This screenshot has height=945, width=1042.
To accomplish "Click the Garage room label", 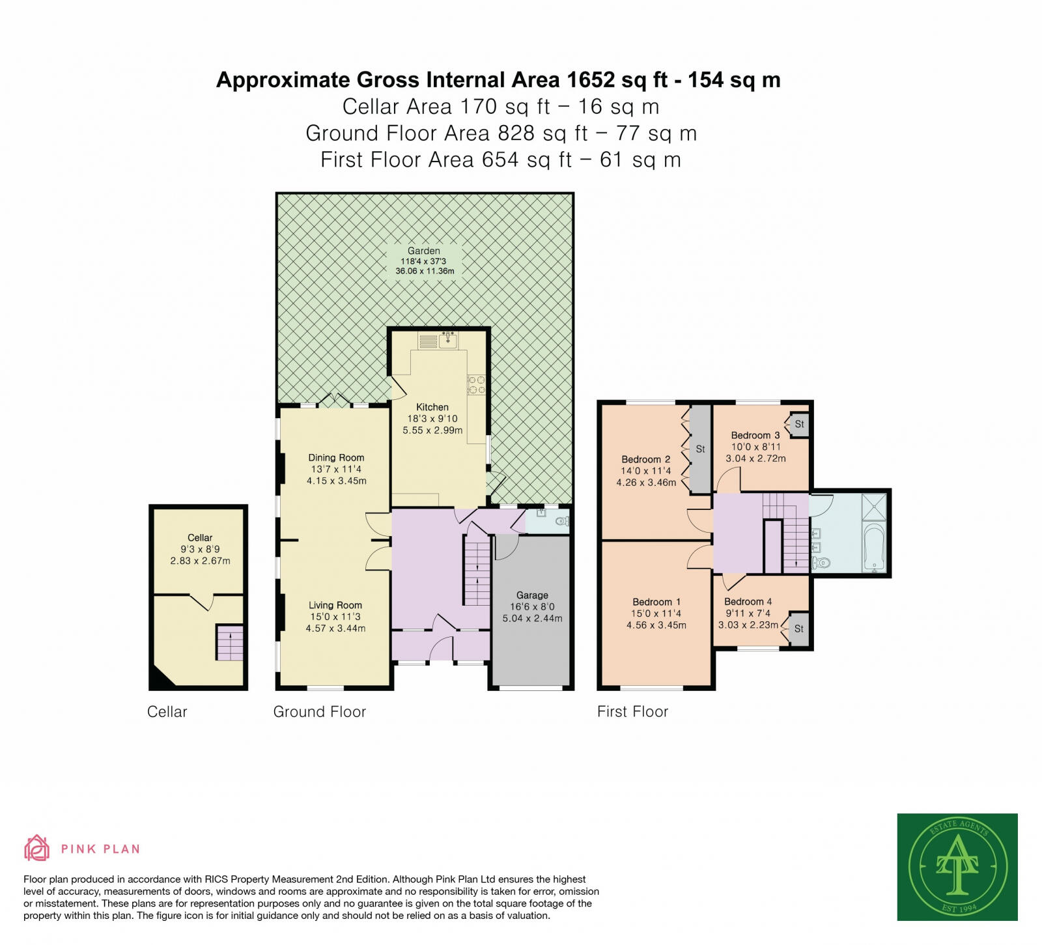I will [532, 595].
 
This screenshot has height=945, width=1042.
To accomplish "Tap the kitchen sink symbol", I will [447, 339].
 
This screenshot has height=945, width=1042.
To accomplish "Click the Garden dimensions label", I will [424, 266].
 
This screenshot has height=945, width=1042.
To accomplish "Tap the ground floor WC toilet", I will [563, 521].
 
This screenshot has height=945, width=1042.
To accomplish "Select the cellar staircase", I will [230, 643].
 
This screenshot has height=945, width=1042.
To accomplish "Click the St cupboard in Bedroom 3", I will [799, 424].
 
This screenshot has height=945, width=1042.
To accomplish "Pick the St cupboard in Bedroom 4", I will [798, 628].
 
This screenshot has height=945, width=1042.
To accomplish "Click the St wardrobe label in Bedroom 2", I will [700, 449].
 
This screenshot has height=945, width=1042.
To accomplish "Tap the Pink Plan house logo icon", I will [36, 848].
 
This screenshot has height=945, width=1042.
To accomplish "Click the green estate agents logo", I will [957, 866].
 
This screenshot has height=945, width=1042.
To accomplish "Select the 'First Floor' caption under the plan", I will [632, 712].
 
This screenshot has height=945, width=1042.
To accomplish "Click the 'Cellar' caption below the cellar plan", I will [167, 712].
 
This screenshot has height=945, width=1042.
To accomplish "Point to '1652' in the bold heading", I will [591, 80].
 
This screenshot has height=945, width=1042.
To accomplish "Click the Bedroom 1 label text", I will [656, 602].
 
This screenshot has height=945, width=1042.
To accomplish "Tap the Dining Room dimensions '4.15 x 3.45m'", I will [337, 481].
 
